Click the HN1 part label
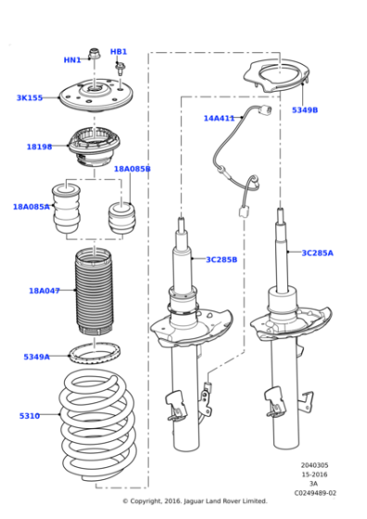click(71, 60)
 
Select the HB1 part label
click(119, 52)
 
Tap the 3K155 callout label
click(30, 97)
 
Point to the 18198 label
click(39, 146)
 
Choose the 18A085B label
click(132, 169)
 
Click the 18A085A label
click(31, 207)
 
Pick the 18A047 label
click(44, 290)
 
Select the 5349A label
click(37, 356)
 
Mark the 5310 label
click(30, 416)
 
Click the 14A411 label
click(220, 118)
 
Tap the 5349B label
click(304, 109)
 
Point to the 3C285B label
click(221, 259)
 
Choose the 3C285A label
click(317, 252)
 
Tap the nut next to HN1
click(95, 54)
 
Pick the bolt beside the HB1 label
click(120, 68)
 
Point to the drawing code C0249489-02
click(318, 493)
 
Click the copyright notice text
click(195, 501)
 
